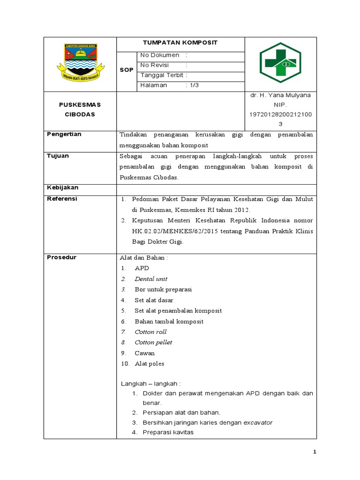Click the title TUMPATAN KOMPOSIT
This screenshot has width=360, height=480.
pyautogui.click(x=180, y=43)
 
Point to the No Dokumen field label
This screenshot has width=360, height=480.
pyautogui.click(x=160, y=55)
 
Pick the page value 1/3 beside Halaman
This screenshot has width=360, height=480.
pyautogui.click(x=192, y=85)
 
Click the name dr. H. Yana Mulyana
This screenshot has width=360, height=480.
pyautogui.click(x=280, y=95)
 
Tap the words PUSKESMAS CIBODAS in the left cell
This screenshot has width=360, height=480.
pyautogui.click(x=80, y=109)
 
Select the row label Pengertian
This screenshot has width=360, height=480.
pyautogui.click(x=64, y=134)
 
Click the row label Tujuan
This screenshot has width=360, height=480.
pyautogui.click(x=58, y=155)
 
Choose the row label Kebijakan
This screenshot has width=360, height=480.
pyautogui.click(x=62, y=187)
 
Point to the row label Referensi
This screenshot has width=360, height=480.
pyautogui.click(x=62, y=199)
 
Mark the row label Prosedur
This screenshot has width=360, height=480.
pyautogui.click(x=61, y=257)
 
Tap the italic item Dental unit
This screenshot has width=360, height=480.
pyautogui.click(x=151, y=279)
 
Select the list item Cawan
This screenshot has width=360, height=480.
pyautogui.click(x=144, y=353)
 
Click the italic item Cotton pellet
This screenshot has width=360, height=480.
pyautogui.click(x=153, y=342)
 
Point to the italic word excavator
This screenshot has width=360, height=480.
pyautogui.click(x=258, y=422)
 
